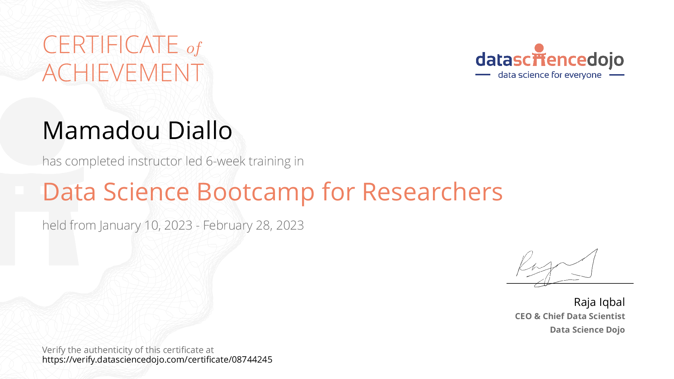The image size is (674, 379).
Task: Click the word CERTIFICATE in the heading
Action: pyautogui.click(x=111, y=45)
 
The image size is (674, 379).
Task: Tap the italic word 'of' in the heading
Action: pyautogui.click(x=194, y=48)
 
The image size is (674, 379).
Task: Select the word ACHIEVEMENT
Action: pyautogui.click(x=123, y=73)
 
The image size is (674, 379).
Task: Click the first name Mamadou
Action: pyautogui.click(x=101, y=130)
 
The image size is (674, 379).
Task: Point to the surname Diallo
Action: pyautogui.click(x=200, y=130)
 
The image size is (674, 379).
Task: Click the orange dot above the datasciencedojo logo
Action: pyautogui.click(x=539, y=48)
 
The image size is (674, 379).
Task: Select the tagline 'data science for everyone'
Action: pyautogui.click(x=550, y=75)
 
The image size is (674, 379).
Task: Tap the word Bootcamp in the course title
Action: pyautogui.click(x=255, y=192)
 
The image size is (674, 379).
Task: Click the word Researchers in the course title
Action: pyautogui.click(x=432, y=192)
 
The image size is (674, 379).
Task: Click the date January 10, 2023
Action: pyautogui.click(x=145, y=225)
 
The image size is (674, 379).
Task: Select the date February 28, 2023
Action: pyautogui.click(x=253, y=225)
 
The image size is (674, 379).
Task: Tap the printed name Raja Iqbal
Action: pyautogui.click(x=599, y=302)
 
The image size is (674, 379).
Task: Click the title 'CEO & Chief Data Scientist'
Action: pyautogui.click(x=570, y=316)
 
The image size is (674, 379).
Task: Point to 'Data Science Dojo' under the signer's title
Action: pyautogui.click(x=587, y=330)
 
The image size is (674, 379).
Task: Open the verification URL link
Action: pyautogui.click(x=157, y=359)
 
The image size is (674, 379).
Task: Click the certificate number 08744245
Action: pyautogui.click(x=252, y=359)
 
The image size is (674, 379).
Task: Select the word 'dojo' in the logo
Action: pyautogui.click(x=605, y=60)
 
